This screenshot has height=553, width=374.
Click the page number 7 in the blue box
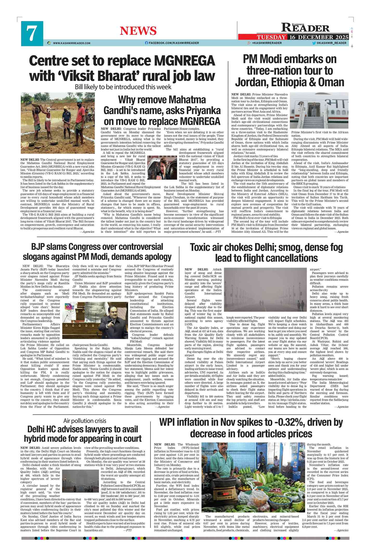[32, 33]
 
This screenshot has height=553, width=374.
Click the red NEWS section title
[138, 31]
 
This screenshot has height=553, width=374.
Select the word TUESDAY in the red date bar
[271, 37]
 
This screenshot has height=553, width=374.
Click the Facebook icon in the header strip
[147, 43]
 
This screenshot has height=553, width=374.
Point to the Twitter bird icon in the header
[314, 43]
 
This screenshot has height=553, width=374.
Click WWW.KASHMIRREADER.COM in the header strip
[71, 43]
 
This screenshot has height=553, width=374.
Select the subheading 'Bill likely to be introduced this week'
[123, 87]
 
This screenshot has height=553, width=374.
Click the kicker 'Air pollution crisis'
[85, 421]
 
